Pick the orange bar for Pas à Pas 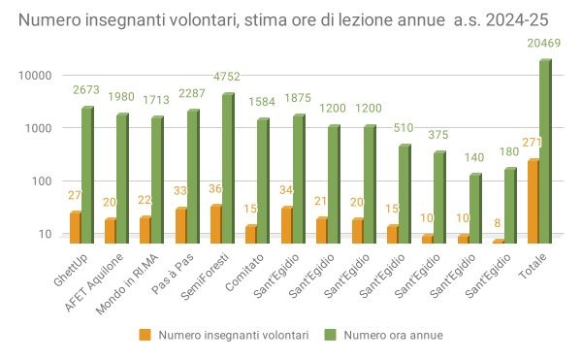click(180, 224)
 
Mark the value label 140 click(474, 157)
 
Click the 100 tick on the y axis click(41, 180)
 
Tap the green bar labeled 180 click(510, 205)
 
